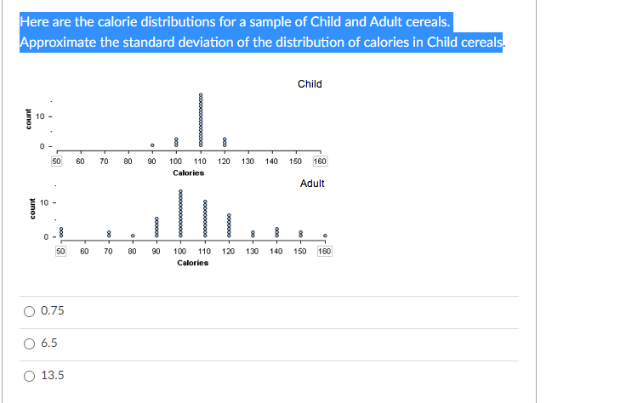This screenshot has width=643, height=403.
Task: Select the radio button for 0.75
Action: (29, 311)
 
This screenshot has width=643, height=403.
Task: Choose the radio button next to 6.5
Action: (29, 343)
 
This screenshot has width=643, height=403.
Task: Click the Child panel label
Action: (310, 84)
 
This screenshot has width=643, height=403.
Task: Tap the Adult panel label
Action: (312, 184)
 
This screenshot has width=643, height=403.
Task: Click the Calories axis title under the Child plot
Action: (188, 173)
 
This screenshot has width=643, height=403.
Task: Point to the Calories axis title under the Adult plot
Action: (193, 263)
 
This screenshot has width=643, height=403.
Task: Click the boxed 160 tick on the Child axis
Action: (321, 161)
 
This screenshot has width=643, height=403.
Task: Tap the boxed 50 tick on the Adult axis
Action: (61, 252)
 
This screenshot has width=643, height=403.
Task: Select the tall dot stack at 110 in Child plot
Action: (201, 121)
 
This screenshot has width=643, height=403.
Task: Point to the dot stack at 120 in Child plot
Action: (225, 141)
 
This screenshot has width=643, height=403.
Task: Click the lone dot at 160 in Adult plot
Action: (325, 236)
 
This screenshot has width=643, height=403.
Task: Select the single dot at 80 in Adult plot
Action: (133, 236)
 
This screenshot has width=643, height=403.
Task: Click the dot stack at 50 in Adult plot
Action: (60, 231)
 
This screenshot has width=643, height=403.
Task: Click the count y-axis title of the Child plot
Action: (28, 119)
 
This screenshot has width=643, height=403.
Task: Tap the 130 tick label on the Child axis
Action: (248, 161)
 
